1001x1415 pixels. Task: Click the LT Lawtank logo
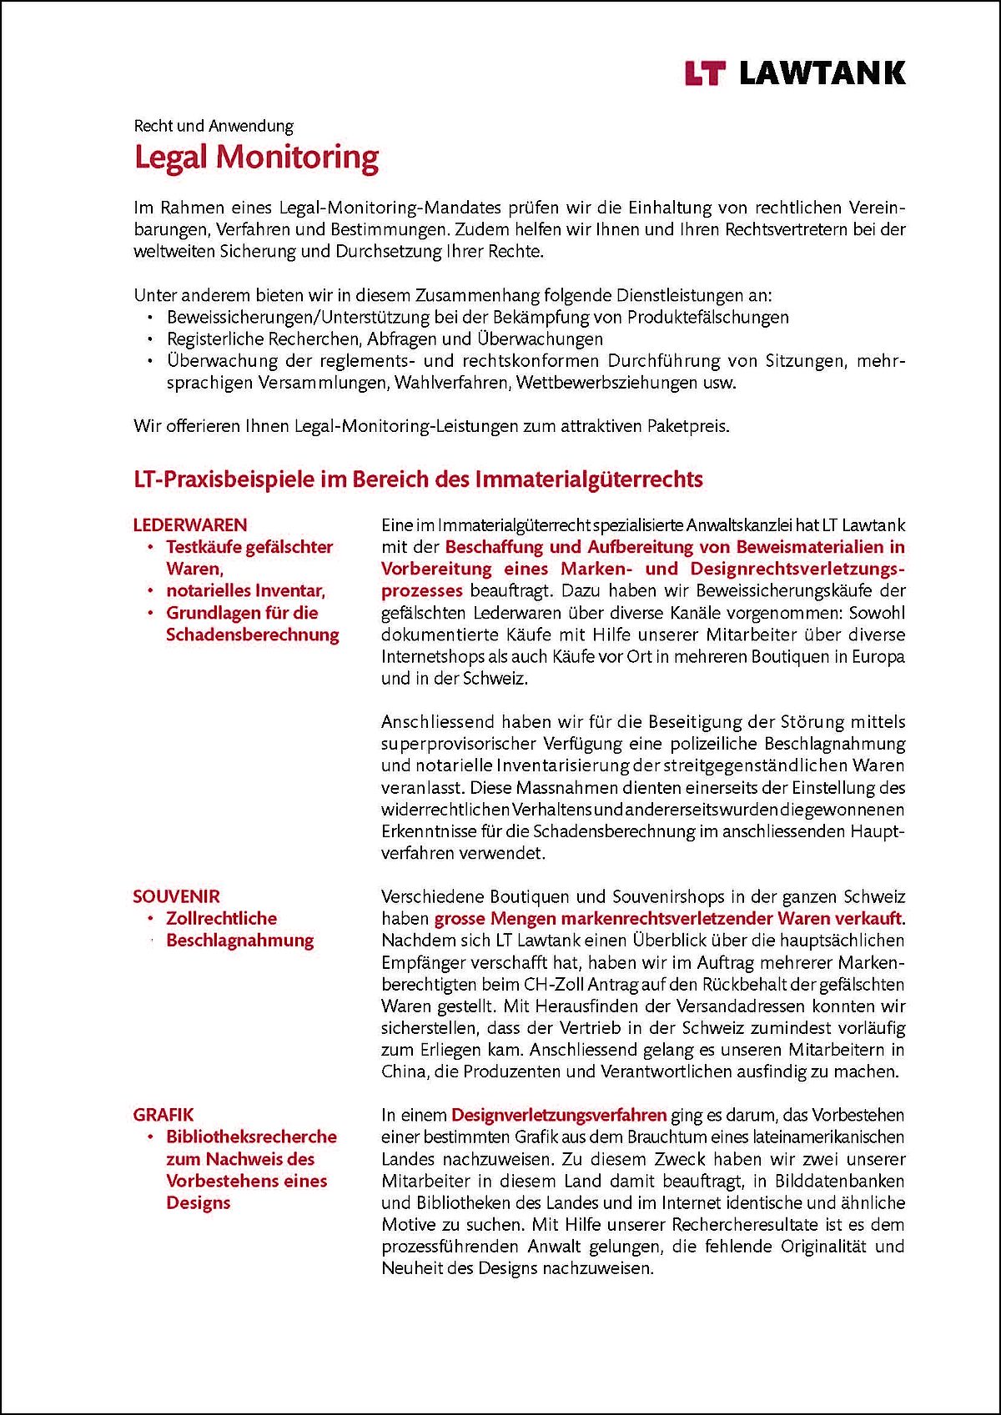(x=794, y=73)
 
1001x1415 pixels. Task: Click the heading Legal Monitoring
(x=256, y=157)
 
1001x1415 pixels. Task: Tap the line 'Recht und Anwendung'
(x=214, y=126)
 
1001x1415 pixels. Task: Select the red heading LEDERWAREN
(x=190, y=524)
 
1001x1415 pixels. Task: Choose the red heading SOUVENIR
(x=176, y=896)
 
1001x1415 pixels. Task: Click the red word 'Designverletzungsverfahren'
(x=558, y=1115)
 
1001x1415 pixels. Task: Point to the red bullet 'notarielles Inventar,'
(x=245, y=590)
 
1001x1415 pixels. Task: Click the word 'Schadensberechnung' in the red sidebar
(x=252, y=635)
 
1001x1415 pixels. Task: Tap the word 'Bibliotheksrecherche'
(x=251, y=1137)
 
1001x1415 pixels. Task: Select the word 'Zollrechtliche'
(x=221, y=918)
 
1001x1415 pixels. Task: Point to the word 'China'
(x=403, y=1071)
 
